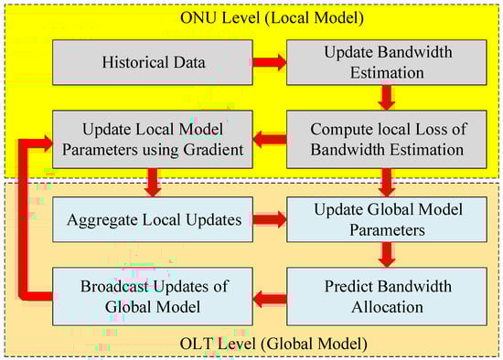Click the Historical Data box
[153, 62]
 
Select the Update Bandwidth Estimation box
[387, 62]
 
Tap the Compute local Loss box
[387, 139]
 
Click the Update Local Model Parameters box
[153, 139]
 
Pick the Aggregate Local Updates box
[153, 219]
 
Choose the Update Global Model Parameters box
[387, 219]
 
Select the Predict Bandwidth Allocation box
[387, 297]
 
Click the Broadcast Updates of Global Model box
[153, 297]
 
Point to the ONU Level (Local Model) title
[272, 17]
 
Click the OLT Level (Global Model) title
[273, 344]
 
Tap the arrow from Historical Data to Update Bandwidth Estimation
[270, 62]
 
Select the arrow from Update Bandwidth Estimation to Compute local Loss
[387, 98]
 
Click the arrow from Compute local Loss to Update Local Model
[270, 139]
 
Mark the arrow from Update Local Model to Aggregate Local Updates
[153, 183]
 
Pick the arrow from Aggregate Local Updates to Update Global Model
[270, 219]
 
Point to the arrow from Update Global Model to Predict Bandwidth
[387, 255]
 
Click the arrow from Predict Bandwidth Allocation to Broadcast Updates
[270, 299]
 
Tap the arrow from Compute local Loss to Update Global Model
[387, 183]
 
